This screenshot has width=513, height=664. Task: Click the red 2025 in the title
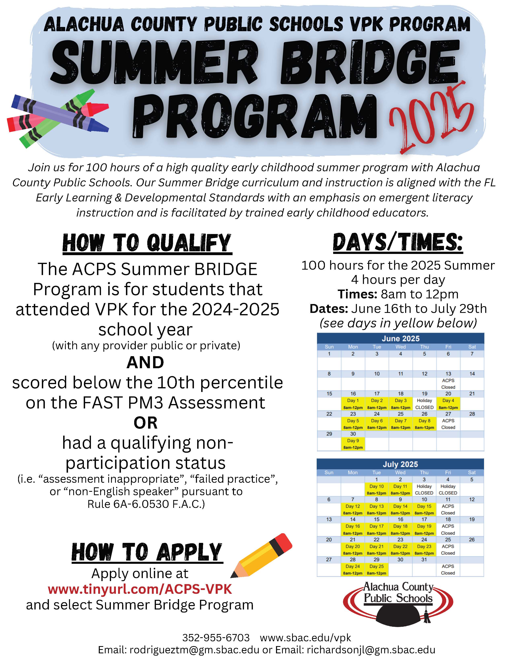tap(432, 119)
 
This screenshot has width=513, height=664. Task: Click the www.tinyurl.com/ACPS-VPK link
tap(140, 589)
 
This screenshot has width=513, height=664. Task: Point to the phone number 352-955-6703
tap(216, 638)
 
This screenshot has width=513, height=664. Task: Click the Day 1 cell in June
tap(353, 404)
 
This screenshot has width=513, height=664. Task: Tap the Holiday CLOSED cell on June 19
tap(424, 404)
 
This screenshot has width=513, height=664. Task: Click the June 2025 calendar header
tap(400, 338)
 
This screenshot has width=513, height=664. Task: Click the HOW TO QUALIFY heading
tap(147, 243)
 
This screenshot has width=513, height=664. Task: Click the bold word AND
tap(145, 362)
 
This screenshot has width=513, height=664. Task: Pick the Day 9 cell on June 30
tap(353, 444)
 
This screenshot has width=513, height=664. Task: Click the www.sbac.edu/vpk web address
tap(305, 638)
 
